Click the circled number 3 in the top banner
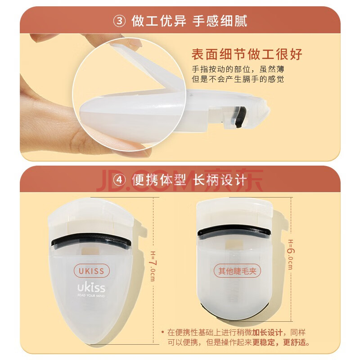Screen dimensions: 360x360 point(119,21)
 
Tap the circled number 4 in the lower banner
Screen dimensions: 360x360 point(119,180)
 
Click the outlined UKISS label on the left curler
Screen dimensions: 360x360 point(92,271)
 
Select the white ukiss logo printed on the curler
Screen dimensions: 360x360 point(91,288)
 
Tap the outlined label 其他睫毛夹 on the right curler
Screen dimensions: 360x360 point(237,271)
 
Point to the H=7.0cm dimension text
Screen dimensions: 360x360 point(152,266)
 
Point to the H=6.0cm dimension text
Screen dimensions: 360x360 point(290,255)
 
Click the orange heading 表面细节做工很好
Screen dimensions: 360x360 point(247,54)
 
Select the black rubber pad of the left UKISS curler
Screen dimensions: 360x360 point(91,239)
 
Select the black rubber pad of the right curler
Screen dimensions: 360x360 point(234,230)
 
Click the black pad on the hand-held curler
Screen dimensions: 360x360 point(240,117)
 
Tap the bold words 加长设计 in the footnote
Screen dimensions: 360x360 point(267,332)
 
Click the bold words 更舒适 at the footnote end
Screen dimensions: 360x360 point(295,342)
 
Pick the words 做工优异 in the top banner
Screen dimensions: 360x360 point(159,21)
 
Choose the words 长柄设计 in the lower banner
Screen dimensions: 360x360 point(220,180)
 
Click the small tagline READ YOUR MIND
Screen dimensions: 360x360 point(91,295)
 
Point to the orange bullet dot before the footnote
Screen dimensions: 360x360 point(162,332)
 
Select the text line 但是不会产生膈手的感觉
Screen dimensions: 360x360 point(238,79)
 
